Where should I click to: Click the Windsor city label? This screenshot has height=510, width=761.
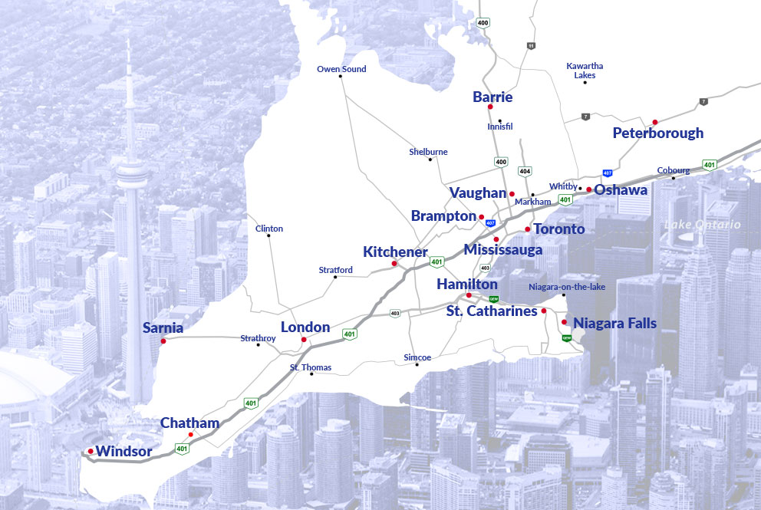124,451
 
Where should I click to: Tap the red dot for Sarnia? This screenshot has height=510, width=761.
163,341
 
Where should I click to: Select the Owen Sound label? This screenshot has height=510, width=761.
341,69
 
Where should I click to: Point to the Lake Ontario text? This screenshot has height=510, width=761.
703,225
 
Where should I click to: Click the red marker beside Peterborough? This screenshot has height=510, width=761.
654,122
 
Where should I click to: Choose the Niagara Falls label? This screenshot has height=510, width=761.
614,323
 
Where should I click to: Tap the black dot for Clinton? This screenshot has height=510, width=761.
268,235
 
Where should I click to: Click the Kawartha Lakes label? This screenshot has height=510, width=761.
585,71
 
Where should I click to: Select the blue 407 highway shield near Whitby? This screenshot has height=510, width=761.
608,173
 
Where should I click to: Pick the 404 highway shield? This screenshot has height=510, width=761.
525,171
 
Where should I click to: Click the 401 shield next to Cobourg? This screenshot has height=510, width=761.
710,164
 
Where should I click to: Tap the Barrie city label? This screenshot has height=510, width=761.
493,97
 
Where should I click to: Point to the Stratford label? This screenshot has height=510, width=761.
335,270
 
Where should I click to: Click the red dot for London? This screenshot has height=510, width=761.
304,339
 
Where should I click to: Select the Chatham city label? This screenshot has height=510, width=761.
189,423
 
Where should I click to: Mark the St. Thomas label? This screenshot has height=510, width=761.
311,367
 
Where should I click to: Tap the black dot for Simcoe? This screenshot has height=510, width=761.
417,364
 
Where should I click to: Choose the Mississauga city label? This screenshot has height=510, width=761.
503,249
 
